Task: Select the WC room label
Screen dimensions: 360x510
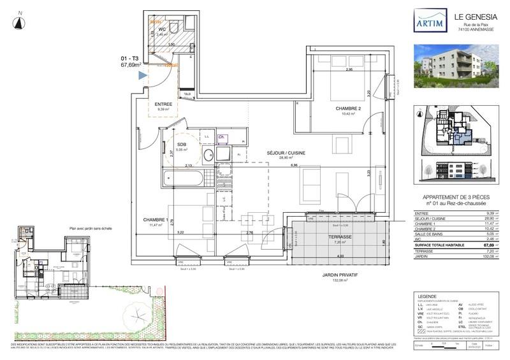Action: pyautogui.click(x=162, y=29)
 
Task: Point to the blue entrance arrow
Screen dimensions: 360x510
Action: pyautogui.click(x=143, y=76)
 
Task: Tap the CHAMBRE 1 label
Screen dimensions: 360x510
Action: pyautogui.click(x=155, y=220)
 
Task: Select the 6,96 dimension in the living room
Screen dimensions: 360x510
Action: pyautogui.click(x=295, y=166)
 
